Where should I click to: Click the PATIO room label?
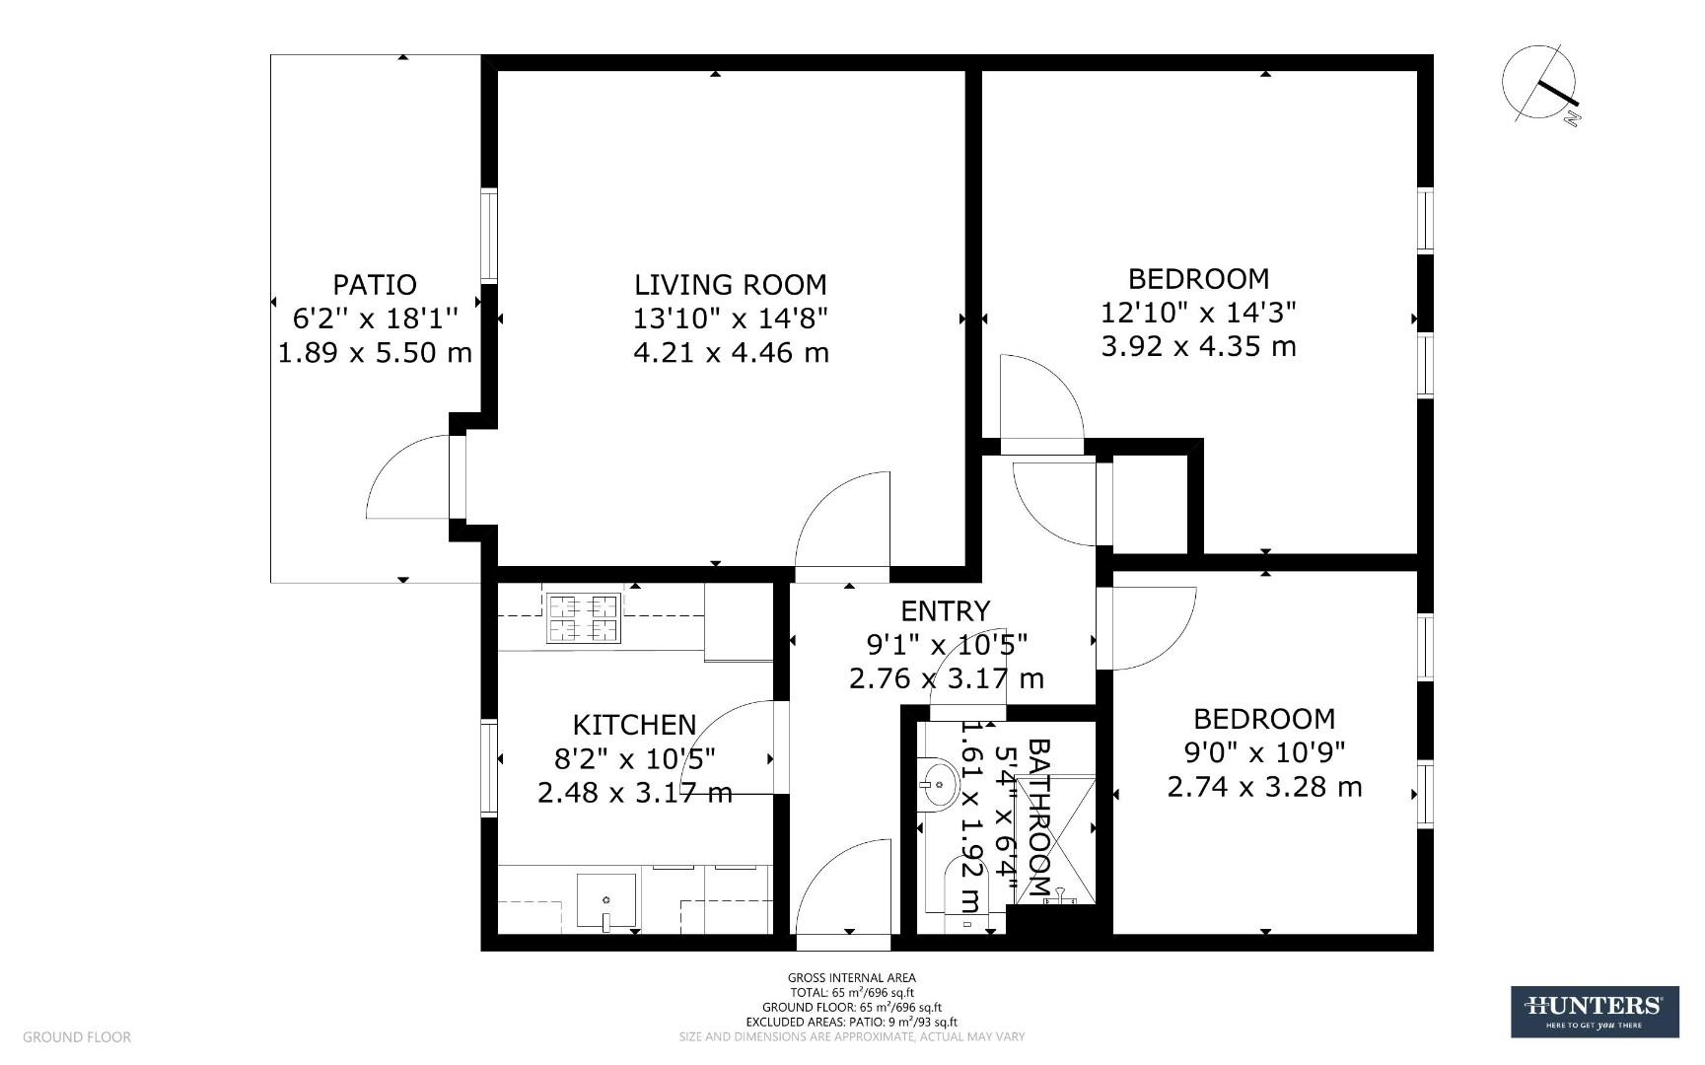(375, 285)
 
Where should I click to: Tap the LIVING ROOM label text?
(730, 285)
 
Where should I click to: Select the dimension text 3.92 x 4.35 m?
(1198, 347)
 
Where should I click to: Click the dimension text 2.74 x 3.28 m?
(1264, 787)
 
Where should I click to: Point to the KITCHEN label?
(634, 725)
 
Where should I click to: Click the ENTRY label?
(945, 611)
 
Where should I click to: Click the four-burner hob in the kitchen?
(583, 618)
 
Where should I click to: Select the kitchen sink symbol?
(605, 899)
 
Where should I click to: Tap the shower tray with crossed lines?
(1056, 838)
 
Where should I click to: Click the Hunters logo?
(1594, 1012)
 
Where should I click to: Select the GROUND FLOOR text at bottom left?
(77, 1036)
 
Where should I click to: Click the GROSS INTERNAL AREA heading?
(851, 978)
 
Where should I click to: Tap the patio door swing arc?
(406, 477)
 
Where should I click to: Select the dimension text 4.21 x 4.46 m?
(730, 352)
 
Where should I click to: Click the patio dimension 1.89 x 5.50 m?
(375, 352)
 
